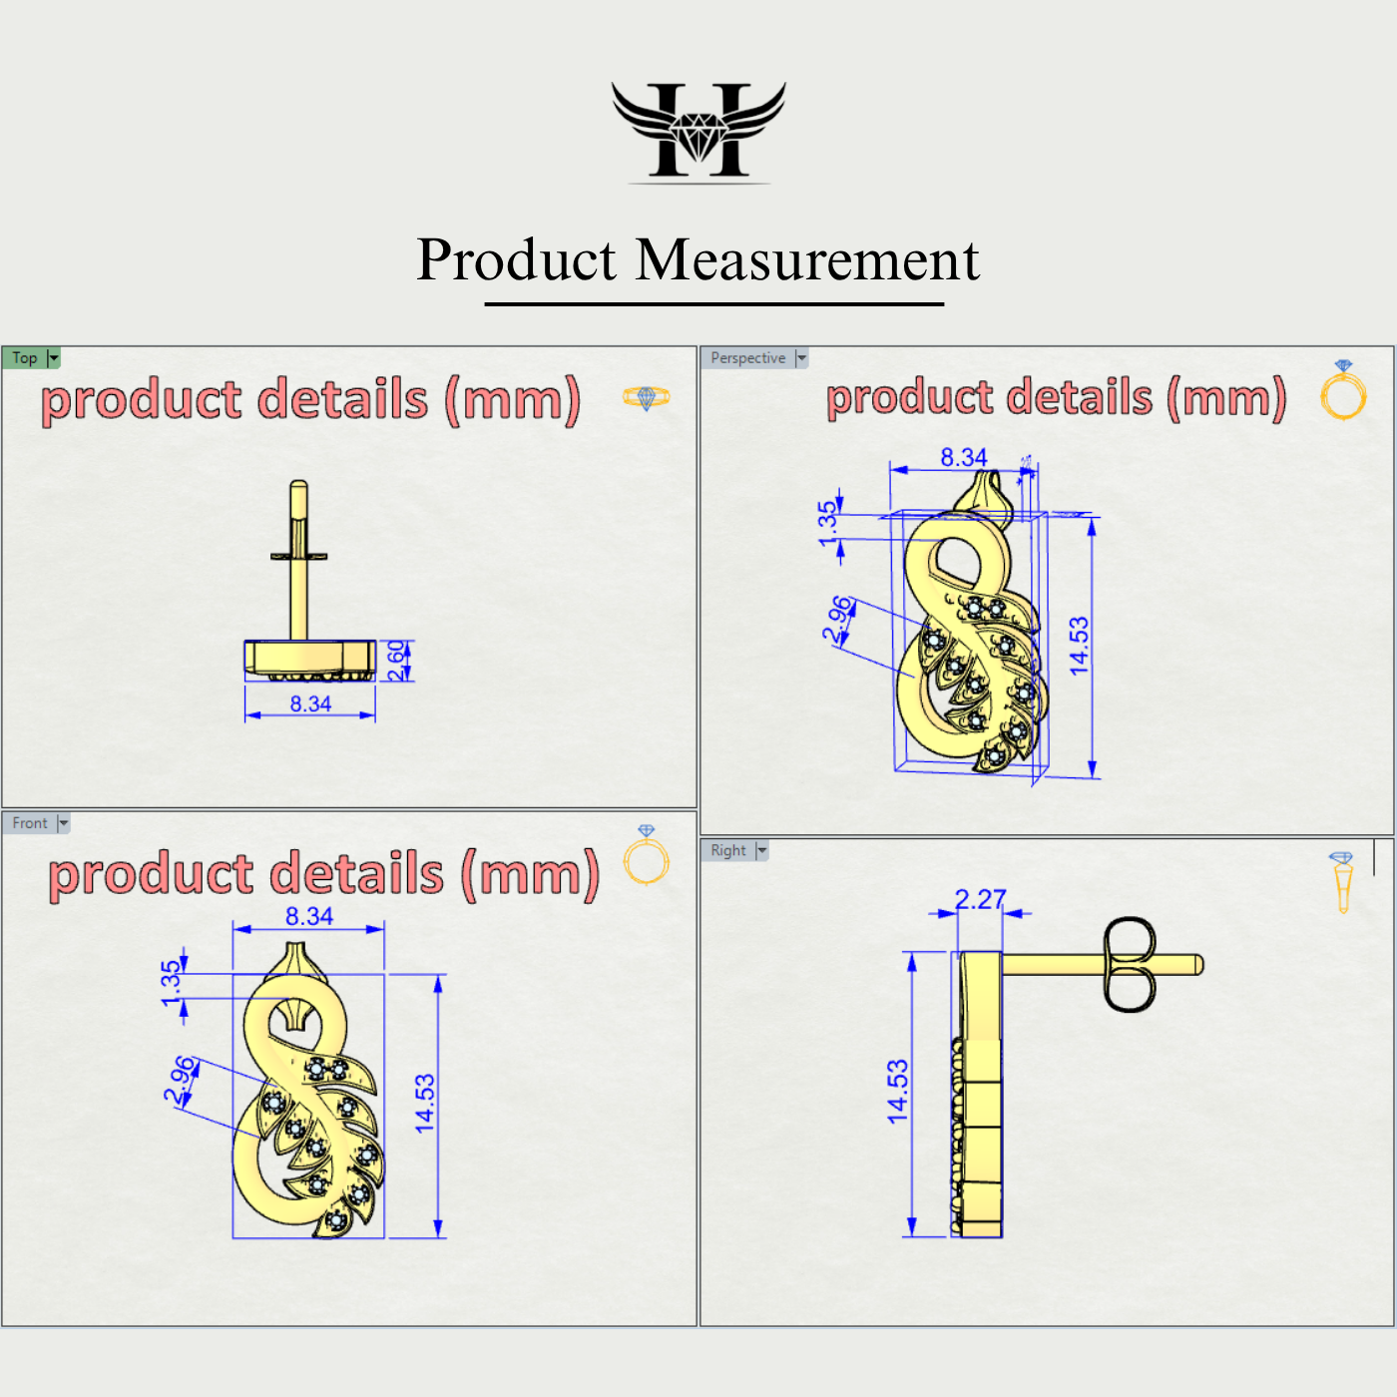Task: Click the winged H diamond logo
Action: [x=698, y=131]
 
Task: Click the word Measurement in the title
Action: [x=807, y=260]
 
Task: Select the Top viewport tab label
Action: [x=25, y=358]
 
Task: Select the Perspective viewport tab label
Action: [x=747, y=358]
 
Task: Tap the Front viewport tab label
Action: [x=30, y=823]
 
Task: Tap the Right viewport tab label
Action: [x=728, y=850]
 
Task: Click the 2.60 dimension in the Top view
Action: [x=397, y=661]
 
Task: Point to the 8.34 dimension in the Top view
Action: [x=310, y=703]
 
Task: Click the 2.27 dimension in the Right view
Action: [x=980, y=899]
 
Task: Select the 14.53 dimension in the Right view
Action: [x=898, y=1092]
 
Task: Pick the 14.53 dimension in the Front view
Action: [x=425, y=1103]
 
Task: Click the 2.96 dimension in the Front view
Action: [x=181, y=1081]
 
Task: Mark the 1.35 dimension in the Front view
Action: [x=172, y=982]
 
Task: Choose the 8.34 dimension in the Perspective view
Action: [x=963, y=457]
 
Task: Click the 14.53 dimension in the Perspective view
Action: [x=1079, y=646]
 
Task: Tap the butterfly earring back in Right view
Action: [x=1129, y=965]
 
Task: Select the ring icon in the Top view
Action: [x=646, y=398]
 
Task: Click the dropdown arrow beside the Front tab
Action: [x=64, y=823]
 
